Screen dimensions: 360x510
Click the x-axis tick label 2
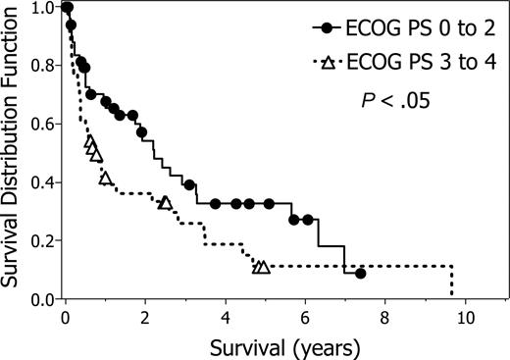point(144,319)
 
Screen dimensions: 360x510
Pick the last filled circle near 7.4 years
point(361,274)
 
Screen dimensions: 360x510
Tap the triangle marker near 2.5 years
point(165,203)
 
